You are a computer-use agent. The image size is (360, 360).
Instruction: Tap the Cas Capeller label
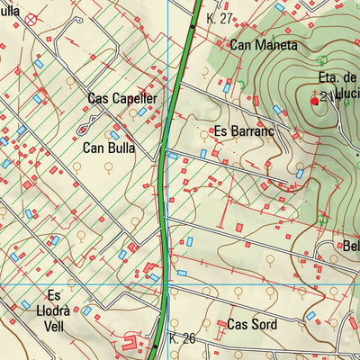pyautogui.click(x=122, y=98)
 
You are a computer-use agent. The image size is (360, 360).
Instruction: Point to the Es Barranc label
pyautogui.click(x=243, y=131)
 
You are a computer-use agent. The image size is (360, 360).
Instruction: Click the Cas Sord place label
pyautogui.click(x=250, y=324)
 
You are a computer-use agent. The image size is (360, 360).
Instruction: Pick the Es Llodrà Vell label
pyautogui.click(x=54, y=310)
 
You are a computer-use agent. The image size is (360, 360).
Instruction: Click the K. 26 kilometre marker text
pyautogui.click(x=183, y=339)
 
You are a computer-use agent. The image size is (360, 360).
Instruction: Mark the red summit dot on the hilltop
pyautogui.click(x=314, y=102)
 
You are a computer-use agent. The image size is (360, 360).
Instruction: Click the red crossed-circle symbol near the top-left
pyautogui.click(x=31, y=18)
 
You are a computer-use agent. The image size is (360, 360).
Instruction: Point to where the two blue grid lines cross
pyautogui.click(x=168, y=285)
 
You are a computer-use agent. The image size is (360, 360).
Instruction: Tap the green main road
pyautogui.click(x=163, y=207)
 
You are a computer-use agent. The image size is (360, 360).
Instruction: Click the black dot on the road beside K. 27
pyautogui.click(x=191, y=27)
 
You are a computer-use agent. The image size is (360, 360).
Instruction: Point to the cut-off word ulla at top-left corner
pyautogui.click(x=9, y=11)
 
